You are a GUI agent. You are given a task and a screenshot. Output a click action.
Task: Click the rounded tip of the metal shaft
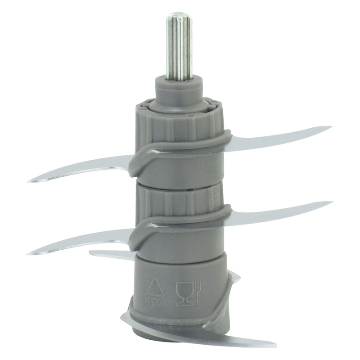[179, 15]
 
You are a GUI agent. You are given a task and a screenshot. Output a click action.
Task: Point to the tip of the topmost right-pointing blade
[331, 127]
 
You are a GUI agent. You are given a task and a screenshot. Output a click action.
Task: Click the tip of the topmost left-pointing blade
[28, 181]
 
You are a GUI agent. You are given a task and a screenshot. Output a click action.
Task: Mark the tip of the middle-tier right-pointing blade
[332, 202]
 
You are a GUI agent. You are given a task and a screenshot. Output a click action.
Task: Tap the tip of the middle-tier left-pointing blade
[28, 254]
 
